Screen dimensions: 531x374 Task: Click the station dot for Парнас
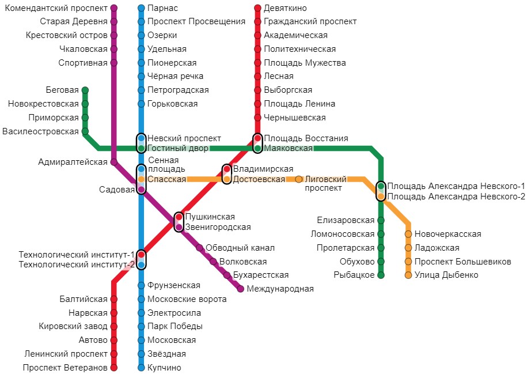141,8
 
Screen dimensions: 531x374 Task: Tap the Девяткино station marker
257,8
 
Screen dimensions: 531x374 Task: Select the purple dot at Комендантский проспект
114,8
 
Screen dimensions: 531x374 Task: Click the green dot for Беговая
85,90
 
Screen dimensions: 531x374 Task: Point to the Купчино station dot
141,368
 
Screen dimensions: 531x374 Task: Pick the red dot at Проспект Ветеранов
114,368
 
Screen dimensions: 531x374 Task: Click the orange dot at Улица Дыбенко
408,275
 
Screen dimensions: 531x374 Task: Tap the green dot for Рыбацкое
381,275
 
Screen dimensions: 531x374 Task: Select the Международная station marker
240,289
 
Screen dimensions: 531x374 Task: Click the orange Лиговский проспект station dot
299,179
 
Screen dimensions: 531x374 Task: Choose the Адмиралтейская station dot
114,162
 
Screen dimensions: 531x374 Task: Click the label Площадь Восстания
306,138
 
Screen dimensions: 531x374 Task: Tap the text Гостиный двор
178,148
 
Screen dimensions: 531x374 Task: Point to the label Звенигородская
218,227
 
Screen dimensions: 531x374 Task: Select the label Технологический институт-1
77,254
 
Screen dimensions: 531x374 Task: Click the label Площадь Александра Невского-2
456,197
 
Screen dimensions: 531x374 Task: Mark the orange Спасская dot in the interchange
141,179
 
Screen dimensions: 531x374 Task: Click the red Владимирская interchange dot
227,169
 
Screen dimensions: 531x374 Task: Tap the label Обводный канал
240,248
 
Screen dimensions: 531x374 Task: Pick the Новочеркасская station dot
408,234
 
